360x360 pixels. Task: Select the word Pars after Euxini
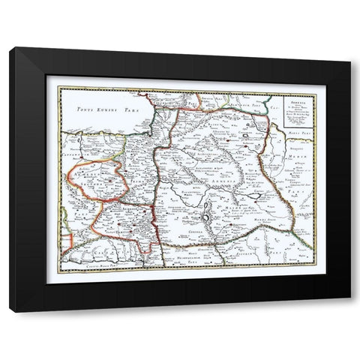[x=135, y=109]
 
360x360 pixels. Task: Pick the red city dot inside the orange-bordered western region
[x=110, y=179]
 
